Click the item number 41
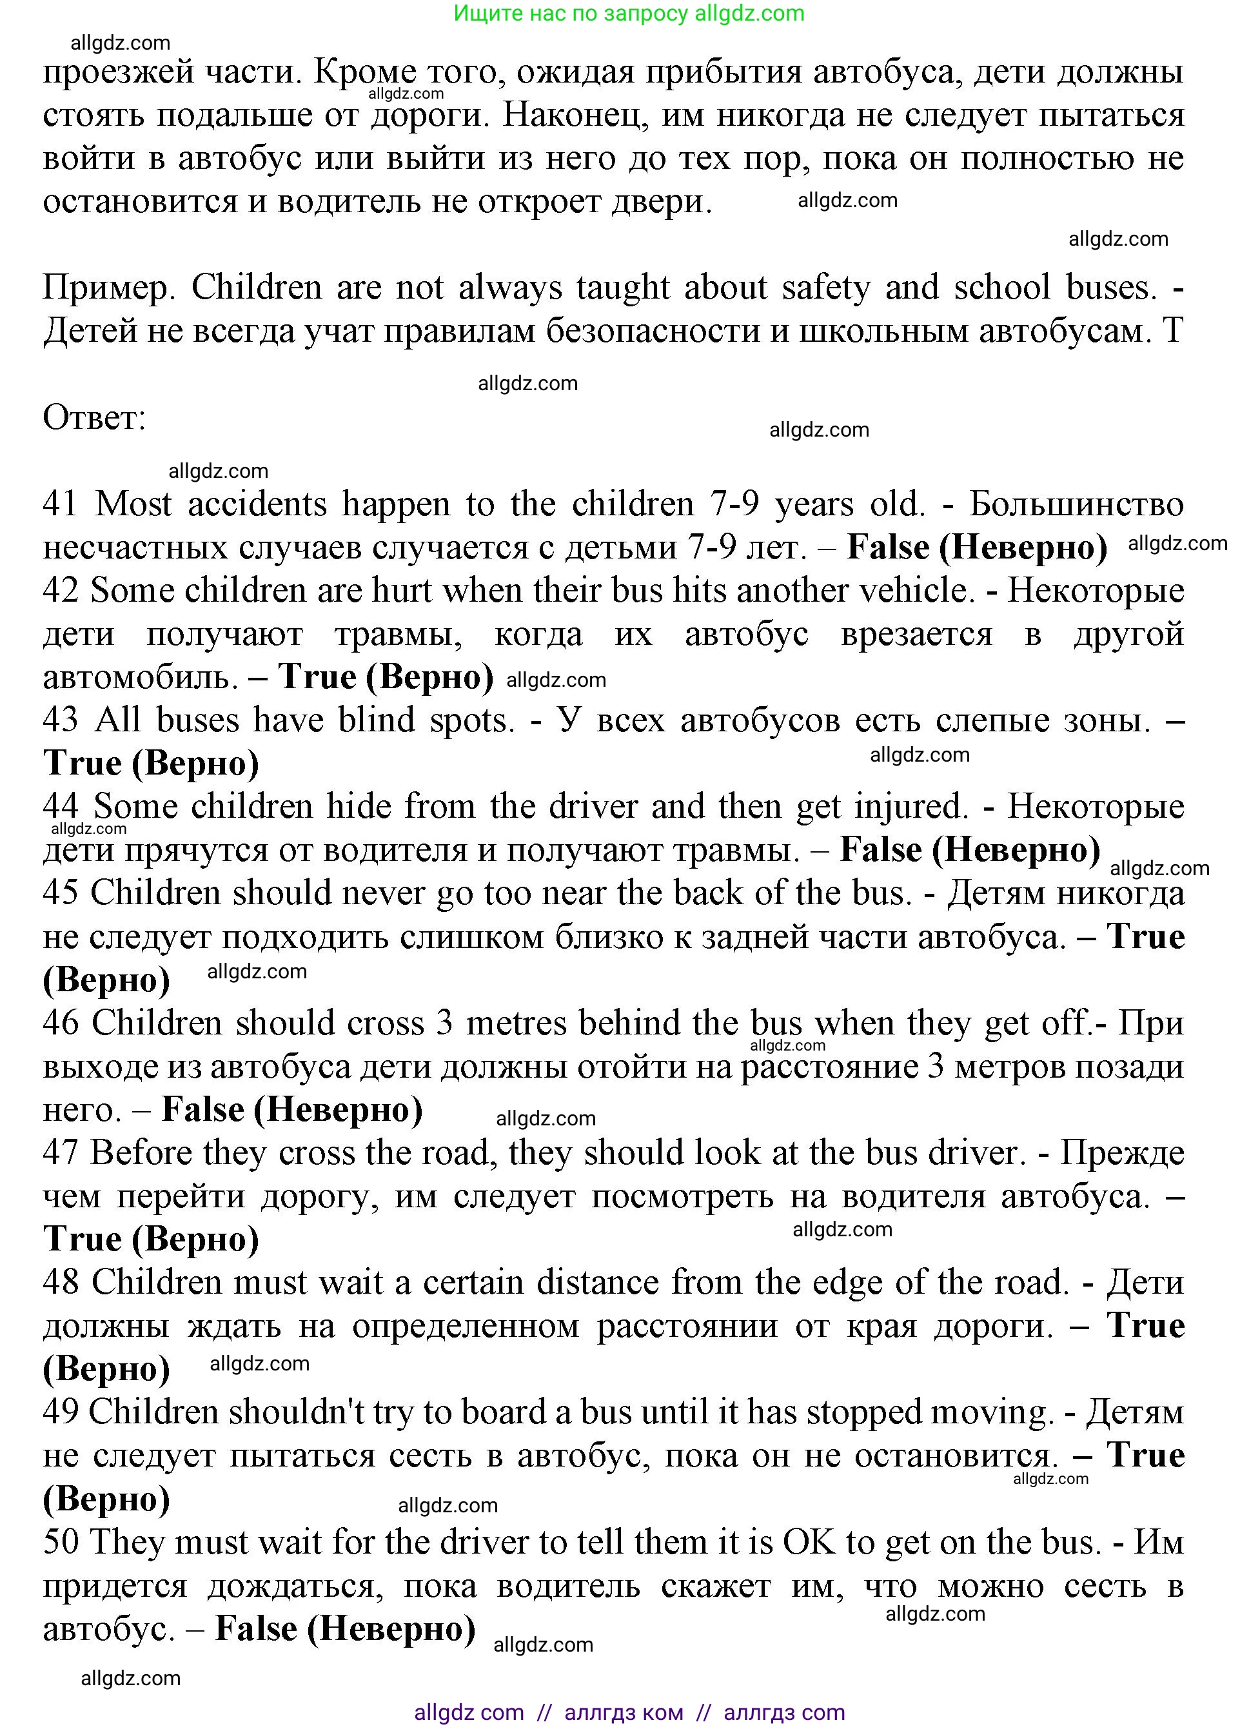(x=60, y=504)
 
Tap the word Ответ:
(x=94, y=417)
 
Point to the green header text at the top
(x=629, y=13)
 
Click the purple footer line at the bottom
(x=629, y=1713)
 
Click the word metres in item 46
(x=517, y=1023)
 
